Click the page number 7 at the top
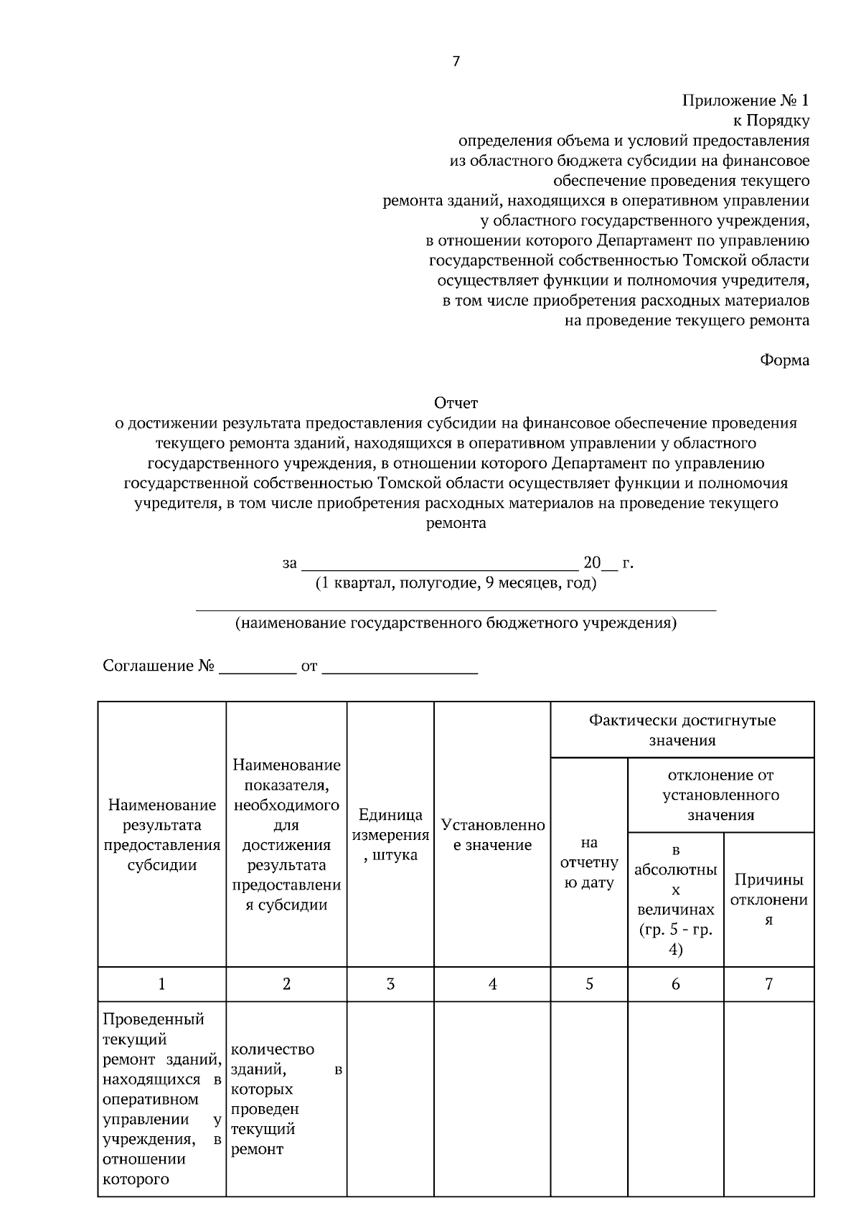pos(456,62)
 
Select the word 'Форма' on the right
pos(784,360)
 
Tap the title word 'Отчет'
pos(456,403)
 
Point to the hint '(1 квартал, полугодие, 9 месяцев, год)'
pos(456,582)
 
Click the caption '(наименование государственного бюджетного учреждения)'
pos(456,623)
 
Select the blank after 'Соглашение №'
pos(257,667)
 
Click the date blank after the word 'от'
pos(400,667)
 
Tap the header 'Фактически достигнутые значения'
pos(682,730)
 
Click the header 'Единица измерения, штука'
pos(390,835)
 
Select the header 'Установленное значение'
pos(492,835)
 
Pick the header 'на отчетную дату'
pos(589,862)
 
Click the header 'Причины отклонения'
pos(768,900)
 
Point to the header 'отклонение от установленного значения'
pos(720,795)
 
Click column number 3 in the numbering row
pos(390,984)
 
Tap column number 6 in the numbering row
pos(675,984)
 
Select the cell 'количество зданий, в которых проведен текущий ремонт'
pos(286,1099)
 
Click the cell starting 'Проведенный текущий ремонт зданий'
pos(161,1099)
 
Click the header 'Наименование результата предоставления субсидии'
pos(161,835)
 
